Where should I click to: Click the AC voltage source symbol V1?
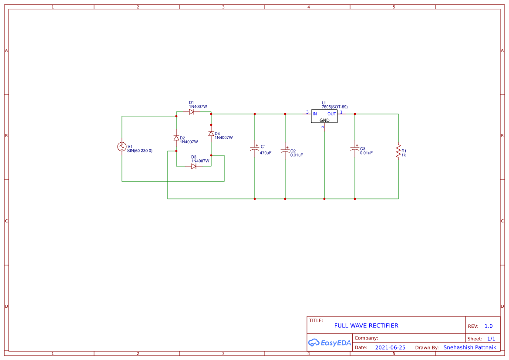pyautogui.click(x=122, y=147)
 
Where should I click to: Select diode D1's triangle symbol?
pyautogui.click(x=192, y=112)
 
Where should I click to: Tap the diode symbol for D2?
pyautogui.click(x=176, y=138)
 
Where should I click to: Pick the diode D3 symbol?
pyautogui.click(x=194, y=166)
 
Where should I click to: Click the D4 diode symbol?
pyautogui.click(x=211, y=134)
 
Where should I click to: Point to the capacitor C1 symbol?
pyautogui.click(x=255, y=149)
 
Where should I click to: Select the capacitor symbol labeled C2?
pyautogui.click(x=285, y=150)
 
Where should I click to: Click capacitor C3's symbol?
pyautogui.click(x=355, y=149)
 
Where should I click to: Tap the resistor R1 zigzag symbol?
pyautogui.click(x=398, y=151)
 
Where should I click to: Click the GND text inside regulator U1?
pyautogui.click(x=324, y=120)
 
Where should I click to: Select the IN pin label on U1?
pyautogui.click(x=315, y=114)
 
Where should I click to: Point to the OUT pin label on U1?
pyautogui.click(x=332, y=114)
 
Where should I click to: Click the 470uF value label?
pyautogui.click(x=266, y=153)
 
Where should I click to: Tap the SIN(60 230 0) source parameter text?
pyautogui.click(x=140, y=151)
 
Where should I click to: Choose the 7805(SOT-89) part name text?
pyautogui.click(x=334, y=107)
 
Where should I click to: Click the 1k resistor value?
pyautogui.click(x=404, y=155)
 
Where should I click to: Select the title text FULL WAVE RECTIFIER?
pyautogui.click(x=366, y=326)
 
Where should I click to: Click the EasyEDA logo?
pyautogui.click(x=329, y=343)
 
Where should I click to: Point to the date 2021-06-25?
pyautogui.click(x=390, y=347)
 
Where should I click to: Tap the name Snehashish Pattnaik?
pyautogui.click(x=469, y=347)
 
